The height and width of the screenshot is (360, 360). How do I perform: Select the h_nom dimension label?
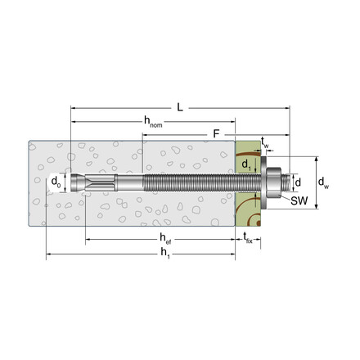tap(152, 122)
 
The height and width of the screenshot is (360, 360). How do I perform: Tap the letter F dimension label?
tap(216, 133)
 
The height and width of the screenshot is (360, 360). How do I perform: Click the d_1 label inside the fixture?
tap(246, 164)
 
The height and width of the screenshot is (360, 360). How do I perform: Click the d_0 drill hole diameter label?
tap(56, 181)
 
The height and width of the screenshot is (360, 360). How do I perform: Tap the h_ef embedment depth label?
tap(164, 238)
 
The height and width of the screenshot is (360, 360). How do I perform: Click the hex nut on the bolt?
tap(272, 182)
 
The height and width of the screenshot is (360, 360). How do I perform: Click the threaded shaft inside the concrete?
tap(188, 182)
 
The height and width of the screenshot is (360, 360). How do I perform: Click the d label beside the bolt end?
tap(297, 182)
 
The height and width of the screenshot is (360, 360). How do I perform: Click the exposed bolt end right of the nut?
tap(283, 182)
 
